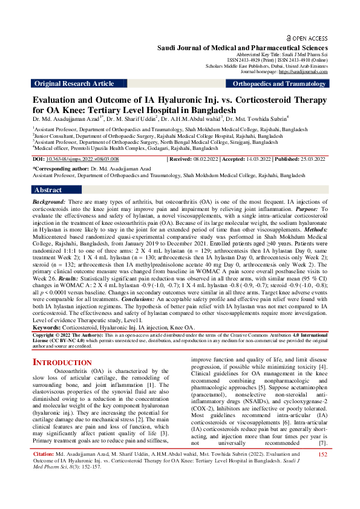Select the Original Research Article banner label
(x=74, y=83)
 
